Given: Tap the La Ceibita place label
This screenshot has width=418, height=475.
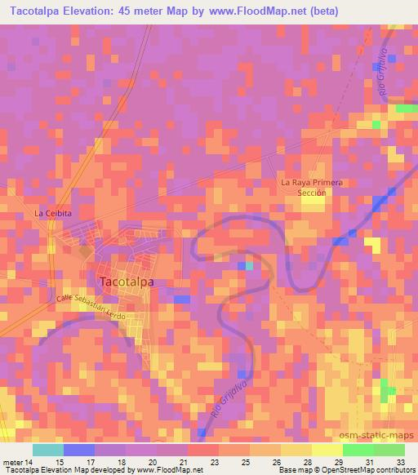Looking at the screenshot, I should coord(53,213).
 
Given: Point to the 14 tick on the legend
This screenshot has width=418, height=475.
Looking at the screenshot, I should coord(30,463).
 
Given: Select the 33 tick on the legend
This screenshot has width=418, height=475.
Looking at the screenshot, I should coord(400,463).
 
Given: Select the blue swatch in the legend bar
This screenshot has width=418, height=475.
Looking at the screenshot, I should coord(78,450).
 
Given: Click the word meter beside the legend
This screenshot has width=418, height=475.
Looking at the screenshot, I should coord(11,463).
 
